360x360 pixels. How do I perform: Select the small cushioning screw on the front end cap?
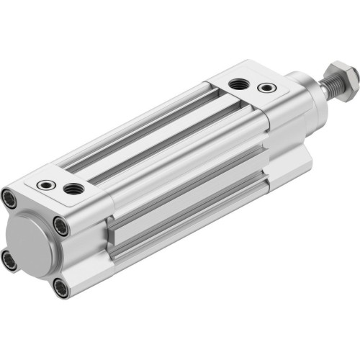[x=267, y=88]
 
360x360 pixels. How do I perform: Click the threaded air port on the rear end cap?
[x=73, y=189]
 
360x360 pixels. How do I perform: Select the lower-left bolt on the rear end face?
[x=9, y=258]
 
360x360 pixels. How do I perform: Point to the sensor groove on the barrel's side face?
[x=187, y=209]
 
